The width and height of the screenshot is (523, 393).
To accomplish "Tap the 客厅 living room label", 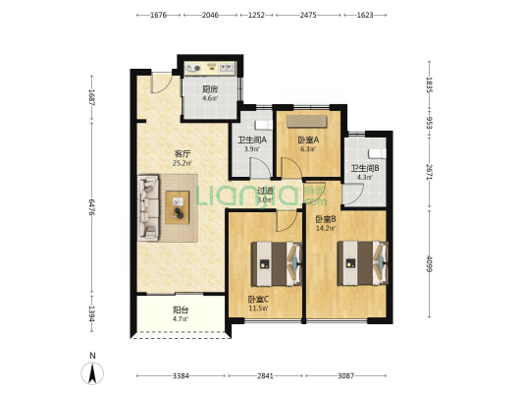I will click(182, 152).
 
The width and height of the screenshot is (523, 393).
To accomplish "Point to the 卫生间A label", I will click(252, 139).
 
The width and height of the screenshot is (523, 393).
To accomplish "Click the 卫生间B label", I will click(365, 168).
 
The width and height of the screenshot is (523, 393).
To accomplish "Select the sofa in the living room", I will click(150, 206).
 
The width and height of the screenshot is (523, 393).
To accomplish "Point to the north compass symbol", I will click(92, 372).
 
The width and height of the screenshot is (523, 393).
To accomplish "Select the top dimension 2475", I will click(309, 16).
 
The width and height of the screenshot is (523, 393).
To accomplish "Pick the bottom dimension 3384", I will click(179, 375).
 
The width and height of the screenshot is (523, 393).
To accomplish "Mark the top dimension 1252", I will click(257, 16).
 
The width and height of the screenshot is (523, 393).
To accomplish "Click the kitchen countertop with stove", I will click(211, 68).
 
